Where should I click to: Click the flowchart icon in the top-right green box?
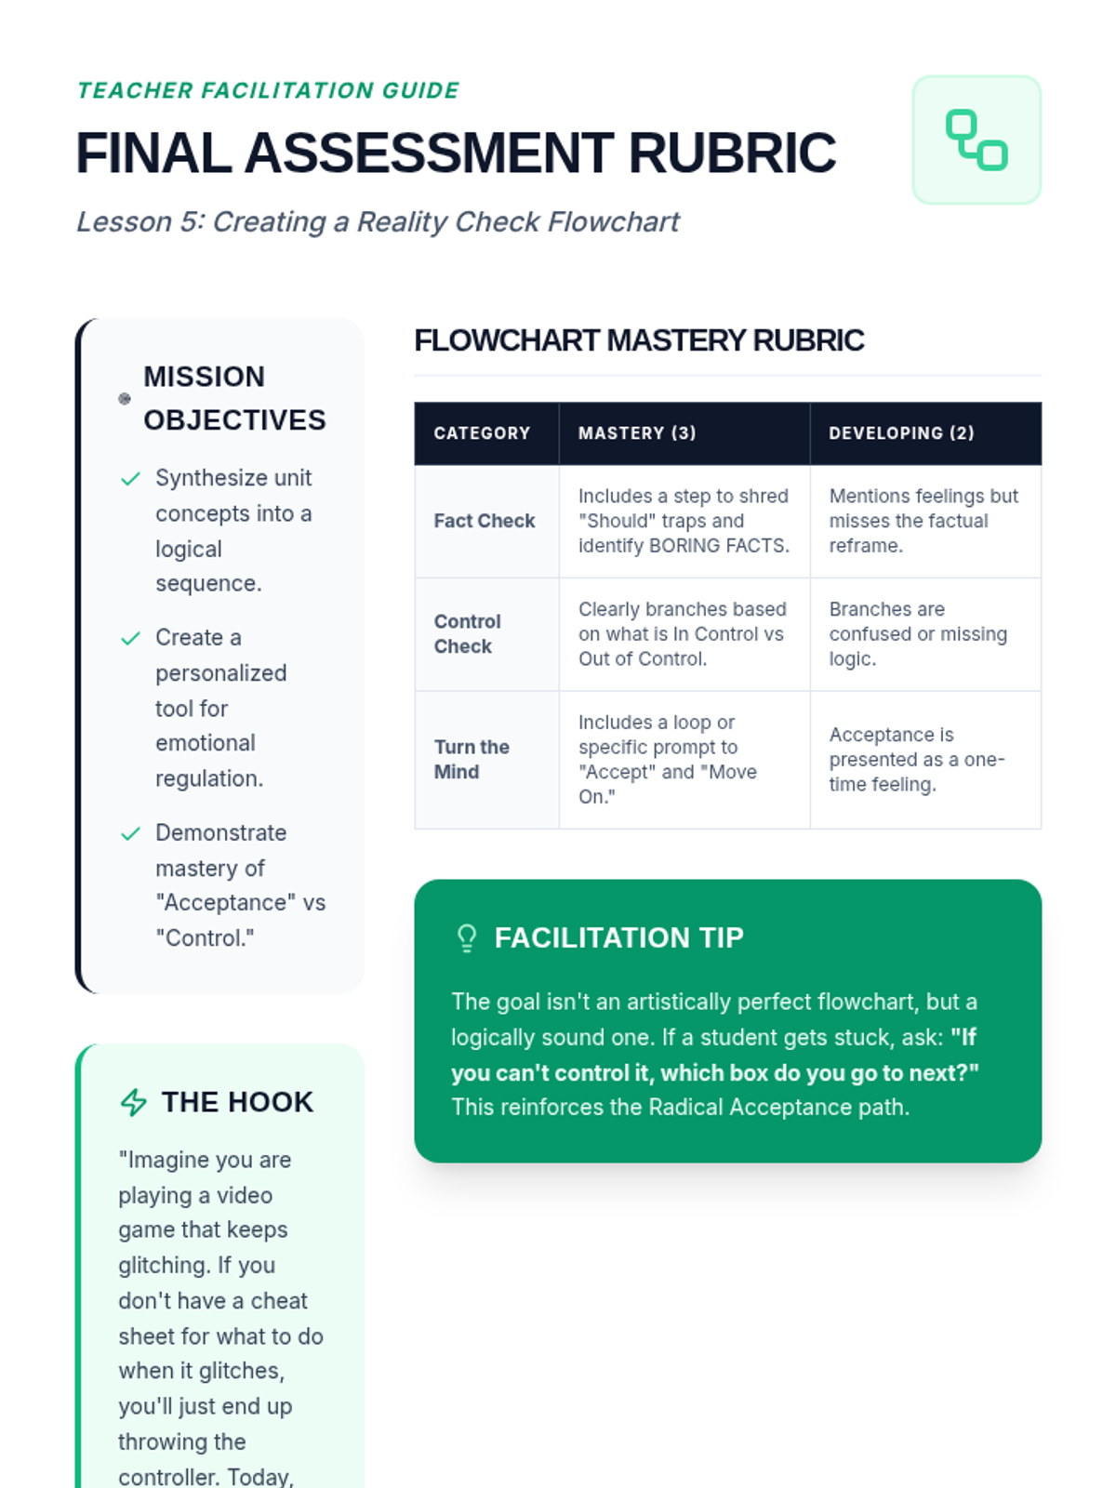coord(976,139)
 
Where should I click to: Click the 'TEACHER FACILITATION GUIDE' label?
coord(268,90)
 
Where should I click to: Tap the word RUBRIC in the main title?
coord(732,153)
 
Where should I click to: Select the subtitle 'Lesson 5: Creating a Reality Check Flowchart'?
coord(378,222)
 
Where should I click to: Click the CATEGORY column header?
coord(482,433)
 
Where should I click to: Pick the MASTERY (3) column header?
coord(637,433)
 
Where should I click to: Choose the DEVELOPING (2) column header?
coord(901,433)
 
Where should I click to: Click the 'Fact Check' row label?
coord(485,521)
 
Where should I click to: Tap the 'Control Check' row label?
coord(467,633)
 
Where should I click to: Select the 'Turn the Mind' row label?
coord(472,759)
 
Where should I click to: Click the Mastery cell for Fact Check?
coord(684,521)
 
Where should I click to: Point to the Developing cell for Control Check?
coord(918,633)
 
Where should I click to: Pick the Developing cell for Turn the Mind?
coord(916,759)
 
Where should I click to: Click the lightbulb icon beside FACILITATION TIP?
coord(467,937)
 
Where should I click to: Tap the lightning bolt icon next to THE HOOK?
coord(134,1102)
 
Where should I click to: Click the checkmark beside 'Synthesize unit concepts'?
coord(130,479)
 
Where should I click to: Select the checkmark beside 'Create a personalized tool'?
coord(130,638)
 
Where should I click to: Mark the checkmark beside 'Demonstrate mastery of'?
coord(130,833)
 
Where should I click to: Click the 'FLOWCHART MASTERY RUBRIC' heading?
coord(639,340)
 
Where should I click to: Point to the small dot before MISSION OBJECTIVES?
coord(125,399)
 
